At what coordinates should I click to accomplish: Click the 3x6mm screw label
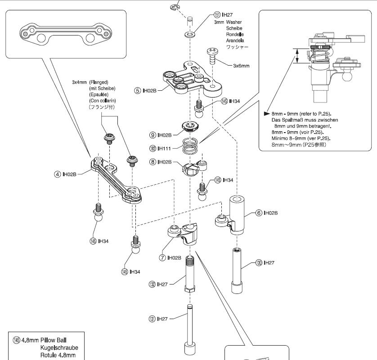tap(241, 66)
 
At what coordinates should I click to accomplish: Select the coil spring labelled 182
tap(193, 146)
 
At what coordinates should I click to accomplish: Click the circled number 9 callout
tap(153, 134)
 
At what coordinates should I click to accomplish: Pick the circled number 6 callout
tap(258, 213)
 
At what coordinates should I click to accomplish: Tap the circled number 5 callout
tap(138, 90)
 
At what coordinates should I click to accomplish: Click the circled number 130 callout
tap(258, 262)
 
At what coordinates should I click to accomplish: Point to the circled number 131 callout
tap(152, 318)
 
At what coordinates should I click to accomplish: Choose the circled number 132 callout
tap(152, 284)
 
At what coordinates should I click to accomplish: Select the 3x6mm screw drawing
tap(212, 57)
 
